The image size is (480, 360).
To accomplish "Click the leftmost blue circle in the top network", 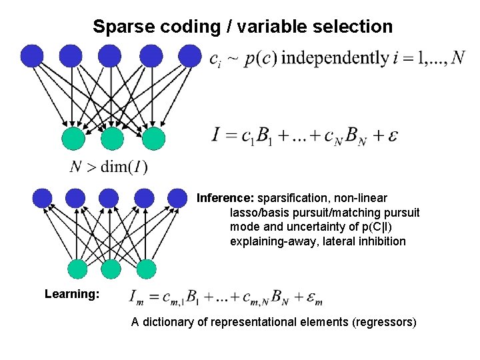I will click(31, 56).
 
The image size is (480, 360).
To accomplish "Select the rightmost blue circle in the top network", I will click(189, 56).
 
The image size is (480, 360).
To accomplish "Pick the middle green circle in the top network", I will click(113, 139).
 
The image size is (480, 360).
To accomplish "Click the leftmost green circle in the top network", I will click(73, 139).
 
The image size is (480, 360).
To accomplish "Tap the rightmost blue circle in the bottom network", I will click(177, 198).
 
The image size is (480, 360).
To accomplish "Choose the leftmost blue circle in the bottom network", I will click(42, 198).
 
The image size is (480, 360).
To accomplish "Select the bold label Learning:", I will click(72, 294).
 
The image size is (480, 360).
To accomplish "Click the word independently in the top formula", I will click(335, 58).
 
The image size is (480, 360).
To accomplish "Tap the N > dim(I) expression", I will click(108, 167).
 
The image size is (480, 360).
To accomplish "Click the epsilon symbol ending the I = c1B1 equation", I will click(393, 136).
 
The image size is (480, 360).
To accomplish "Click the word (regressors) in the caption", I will click(385, 323).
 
